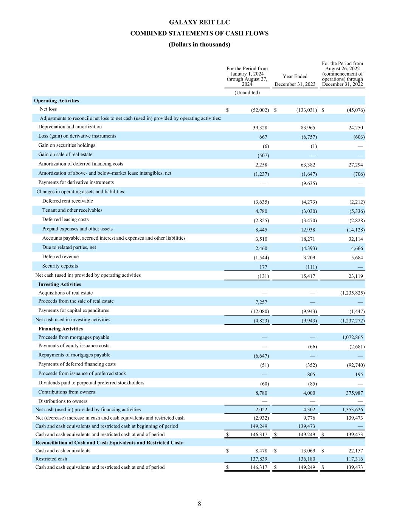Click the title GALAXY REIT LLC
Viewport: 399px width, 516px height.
coord(199,22)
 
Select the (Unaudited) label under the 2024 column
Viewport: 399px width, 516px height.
coord(247,93)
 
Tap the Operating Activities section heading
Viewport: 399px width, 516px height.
coord(56,101)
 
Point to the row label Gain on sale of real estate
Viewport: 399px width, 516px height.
coord(65,155)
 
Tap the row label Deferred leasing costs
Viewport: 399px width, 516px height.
coord(65,220)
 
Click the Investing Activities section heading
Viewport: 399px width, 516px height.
coord(59,284)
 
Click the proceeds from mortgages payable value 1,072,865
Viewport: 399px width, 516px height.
coord(352,337)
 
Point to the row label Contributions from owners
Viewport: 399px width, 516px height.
coord(67,392)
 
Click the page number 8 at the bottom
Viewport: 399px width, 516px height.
coord(199,504)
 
